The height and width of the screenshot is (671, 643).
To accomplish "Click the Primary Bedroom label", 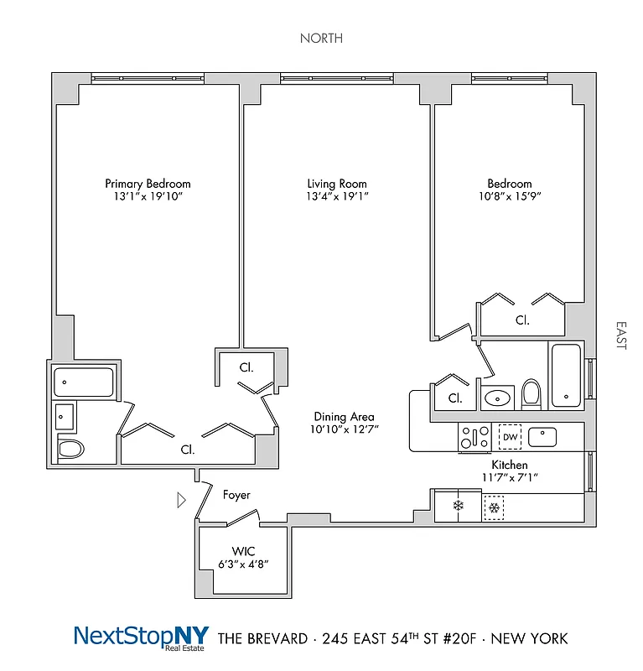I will point(148,184).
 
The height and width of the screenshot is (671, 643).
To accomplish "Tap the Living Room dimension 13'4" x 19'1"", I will point(336,196).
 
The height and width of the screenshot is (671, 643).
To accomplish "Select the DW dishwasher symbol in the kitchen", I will point(510,436).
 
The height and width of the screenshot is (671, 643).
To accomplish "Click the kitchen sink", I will point(546,436).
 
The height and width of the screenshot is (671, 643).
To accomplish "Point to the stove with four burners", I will point(474,436).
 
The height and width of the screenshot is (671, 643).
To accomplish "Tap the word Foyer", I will point(236,495).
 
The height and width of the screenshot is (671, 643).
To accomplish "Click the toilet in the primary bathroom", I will point(70,449).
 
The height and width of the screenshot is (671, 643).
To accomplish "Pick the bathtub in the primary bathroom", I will point(83,382).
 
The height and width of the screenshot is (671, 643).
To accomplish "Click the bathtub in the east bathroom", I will point(566,374).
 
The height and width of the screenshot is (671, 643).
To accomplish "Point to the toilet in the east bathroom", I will point(532,393).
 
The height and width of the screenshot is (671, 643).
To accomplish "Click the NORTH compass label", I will point(321,39).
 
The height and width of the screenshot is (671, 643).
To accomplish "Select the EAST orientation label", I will point(620,335).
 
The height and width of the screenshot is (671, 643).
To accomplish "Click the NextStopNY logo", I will point(141,637).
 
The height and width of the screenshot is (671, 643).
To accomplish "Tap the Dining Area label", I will point(344,417).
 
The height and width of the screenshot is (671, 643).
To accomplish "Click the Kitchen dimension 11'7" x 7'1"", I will point(509,477).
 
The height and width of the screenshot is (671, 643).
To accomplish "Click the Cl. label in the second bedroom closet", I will point(521,320).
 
